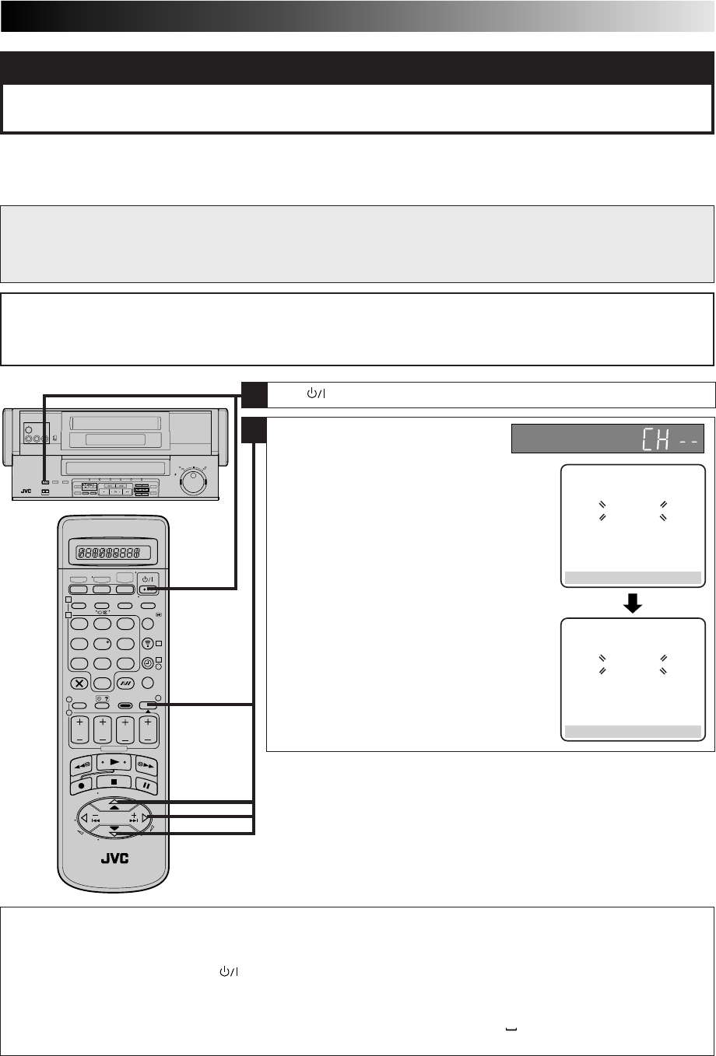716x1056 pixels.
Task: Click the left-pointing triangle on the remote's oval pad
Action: (85, 817)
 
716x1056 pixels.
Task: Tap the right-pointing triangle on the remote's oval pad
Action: (145, 817)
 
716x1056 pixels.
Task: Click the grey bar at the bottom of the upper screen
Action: (632, 578)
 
